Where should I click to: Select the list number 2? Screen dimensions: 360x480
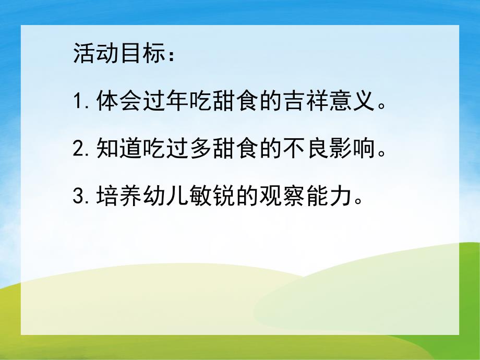coord(80,151)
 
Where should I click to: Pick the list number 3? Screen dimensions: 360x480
coord(80,198)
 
